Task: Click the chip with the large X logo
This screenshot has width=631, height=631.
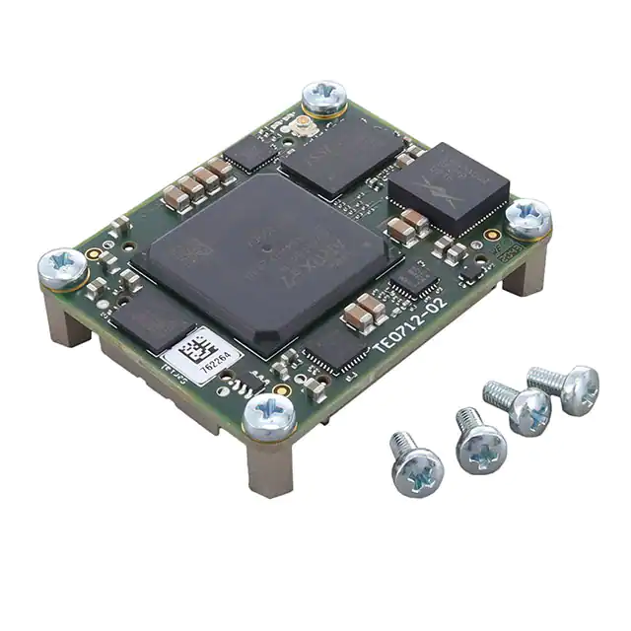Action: tap(449, 189)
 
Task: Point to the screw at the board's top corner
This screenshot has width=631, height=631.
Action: tap(323, 97)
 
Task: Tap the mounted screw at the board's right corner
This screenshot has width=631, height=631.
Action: tap(528, 217)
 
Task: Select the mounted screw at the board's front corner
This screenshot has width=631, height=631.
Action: tap(269, 415)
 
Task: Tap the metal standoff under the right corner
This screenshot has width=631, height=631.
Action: tap(524, 268)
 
